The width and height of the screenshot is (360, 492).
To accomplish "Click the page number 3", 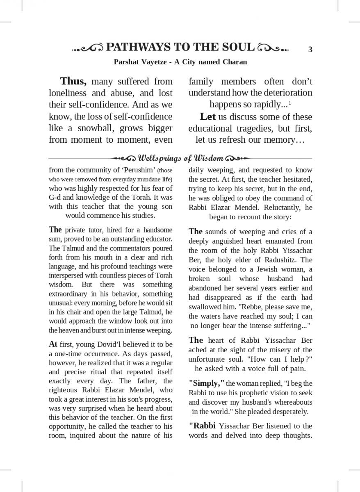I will (310, 50).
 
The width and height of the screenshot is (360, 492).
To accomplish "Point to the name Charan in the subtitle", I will (234, 62).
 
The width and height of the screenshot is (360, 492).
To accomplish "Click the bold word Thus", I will (73, 81).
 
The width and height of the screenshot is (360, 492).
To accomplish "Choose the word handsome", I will (157, 230).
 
